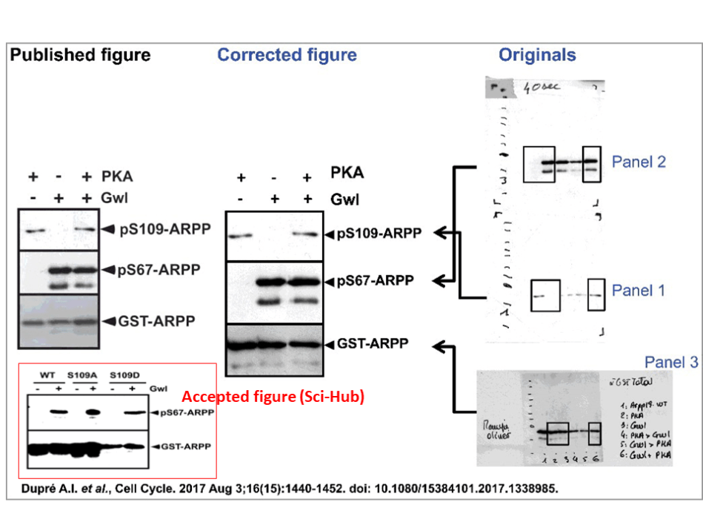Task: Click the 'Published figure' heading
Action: pyautogui.click(x=80, y=55)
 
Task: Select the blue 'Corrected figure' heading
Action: pyautogui.click(x=287, y=55)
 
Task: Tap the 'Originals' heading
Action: pyautogui.click(x=537, y=55)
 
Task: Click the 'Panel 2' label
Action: pyautogui.click(x=639, y=162)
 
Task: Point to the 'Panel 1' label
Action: pyautogui.click(x=638, y=291)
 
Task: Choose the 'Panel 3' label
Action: pyautogui.click(x=671, y=362)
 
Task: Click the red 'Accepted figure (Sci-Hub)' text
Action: pyautogui.click(x=273, y=397)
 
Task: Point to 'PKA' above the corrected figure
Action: pyautogui.click(x=347, y=175)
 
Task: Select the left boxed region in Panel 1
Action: pyautogui.click(x=545, y=295)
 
